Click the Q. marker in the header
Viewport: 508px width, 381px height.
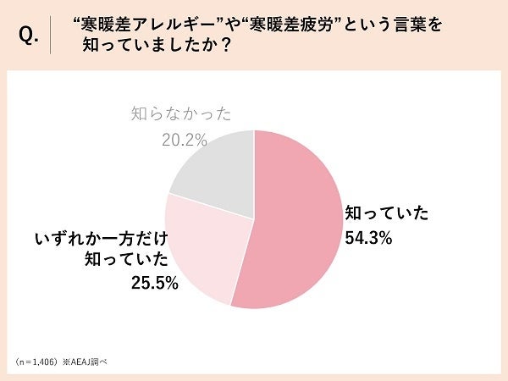pos(29,36)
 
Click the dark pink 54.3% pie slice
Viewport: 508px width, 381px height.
pos(296,220)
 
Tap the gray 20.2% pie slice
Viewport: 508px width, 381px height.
pos(216,174)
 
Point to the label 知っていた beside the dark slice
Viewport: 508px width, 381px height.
pos(386,213)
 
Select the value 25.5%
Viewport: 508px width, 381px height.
pos(155,284)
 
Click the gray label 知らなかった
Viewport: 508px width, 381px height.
pos(181,113)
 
